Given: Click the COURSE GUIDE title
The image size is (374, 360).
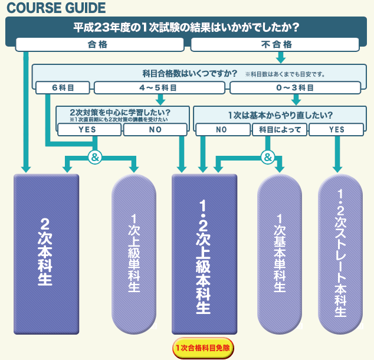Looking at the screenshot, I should pyautogui.click(x=56, y=8).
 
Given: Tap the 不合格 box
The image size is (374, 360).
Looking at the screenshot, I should pyautogui.click(x=275, y=44).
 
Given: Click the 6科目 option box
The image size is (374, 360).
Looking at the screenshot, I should pyautogui.click(x=63, y=88).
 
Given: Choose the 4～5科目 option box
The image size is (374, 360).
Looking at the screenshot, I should pyautogui.click(x=160, y=88).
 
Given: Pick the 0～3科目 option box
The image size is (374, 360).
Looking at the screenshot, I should pyautogui.click(x=294, y=88).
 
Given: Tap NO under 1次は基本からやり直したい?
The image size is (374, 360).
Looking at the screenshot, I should pyautogui.click(x=221, y=129).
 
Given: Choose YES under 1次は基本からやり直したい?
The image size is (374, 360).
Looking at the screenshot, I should pyautogui.click(x=337, y=129).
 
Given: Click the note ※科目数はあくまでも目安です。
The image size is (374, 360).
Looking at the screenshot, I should pyautogui.click(x=286, y=75).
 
